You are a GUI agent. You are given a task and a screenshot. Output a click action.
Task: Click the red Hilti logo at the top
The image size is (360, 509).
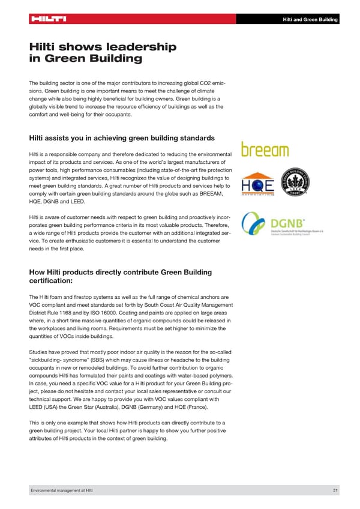[47, 19]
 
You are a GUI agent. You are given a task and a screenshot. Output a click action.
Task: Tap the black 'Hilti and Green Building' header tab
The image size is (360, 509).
[310, 20]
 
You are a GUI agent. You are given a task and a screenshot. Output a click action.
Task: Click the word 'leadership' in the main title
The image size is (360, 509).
[144, 46]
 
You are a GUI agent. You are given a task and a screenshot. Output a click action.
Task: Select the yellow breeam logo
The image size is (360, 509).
[265, 149]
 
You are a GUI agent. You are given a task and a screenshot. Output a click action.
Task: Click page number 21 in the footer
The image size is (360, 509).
[335, 492]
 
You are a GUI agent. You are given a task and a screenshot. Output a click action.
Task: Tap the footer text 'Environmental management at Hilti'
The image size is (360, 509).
[62, 492]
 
